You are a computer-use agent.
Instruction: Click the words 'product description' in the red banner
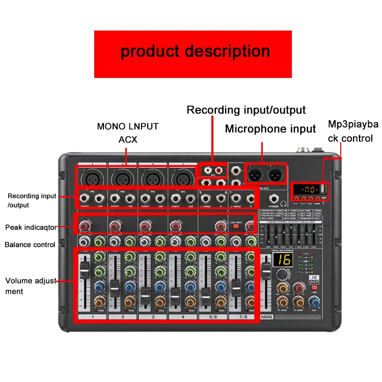(195, 51)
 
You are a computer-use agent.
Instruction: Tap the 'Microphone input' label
(270, 129)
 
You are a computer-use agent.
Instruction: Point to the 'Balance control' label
(30, 244)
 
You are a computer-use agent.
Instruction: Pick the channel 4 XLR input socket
(181, 178)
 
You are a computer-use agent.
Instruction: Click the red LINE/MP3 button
(236, 226)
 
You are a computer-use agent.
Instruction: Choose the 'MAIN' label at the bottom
(267, 317)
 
